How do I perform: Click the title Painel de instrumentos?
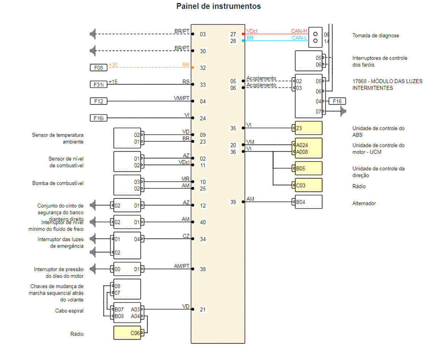coord(218,6)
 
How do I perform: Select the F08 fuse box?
coord(99,68)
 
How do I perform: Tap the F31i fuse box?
coord(99,85)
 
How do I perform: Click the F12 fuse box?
coord(99,101)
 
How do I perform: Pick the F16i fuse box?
coord(99,118)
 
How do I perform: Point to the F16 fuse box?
coord(337,101)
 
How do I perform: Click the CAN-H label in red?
coord(299,31)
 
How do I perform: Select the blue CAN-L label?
coord(299,38)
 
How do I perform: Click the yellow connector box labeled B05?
coord(308,168)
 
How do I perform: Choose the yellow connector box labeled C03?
coord(308,185)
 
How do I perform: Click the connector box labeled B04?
coord(308,202)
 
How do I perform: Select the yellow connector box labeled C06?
coord(127,333)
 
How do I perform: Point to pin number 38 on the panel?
coord(203,269)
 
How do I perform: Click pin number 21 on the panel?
coord(203,310)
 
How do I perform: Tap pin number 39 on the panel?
coord(233,202)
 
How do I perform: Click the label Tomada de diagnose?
coord(376,36)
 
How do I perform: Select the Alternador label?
coord(364,203)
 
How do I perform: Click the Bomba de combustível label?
coord(58,183)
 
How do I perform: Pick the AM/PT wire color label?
coord(181,266)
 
